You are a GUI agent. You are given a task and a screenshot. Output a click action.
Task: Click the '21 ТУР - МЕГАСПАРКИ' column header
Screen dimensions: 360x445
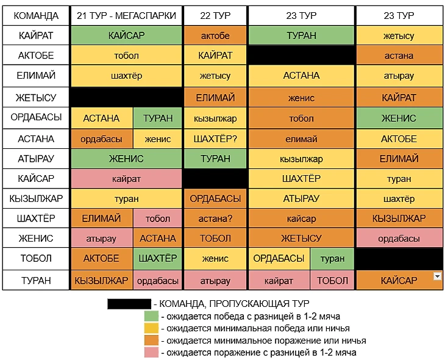pyautogui.click(x=126, y=15)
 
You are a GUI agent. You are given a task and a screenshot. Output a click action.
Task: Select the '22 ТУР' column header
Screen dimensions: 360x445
pyautogui.click(x=215, y=15)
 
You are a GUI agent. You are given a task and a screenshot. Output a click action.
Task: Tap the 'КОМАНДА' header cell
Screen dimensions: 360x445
pyautogui.click(x=35, y=15)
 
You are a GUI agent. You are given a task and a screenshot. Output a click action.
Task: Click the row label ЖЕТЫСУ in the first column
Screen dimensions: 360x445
pyautogui.click(x=35, y=98)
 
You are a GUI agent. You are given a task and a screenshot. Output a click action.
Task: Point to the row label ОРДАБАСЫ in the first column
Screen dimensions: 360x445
pyautogui.click(x=35, y=118)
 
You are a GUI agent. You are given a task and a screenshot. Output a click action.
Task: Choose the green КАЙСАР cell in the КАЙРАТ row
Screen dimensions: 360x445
pyautogui.click(x=126, y=35)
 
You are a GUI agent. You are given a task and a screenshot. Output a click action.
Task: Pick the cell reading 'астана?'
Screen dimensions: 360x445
pyautogui.click(x=215, y=218)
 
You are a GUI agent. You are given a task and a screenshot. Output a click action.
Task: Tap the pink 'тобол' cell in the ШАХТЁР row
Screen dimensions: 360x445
pyautogui.click(x=158, y=218)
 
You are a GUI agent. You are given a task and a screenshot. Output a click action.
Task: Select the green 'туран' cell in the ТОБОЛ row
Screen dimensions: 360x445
pyautogui.click(x=332, y=259)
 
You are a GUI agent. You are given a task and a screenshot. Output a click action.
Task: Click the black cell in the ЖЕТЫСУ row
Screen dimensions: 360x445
pyautogui.click(x=126, y=98)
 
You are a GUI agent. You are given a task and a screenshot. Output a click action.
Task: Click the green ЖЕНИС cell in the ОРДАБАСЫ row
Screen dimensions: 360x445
pyautogui.click(x=399, y=118)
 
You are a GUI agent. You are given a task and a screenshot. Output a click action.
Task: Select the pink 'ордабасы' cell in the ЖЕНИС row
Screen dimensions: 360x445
pyautogui.click(x=399, y=239)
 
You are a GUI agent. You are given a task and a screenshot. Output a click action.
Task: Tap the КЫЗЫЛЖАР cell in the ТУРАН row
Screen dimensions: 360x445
pyautogui.click(x=101, y=281)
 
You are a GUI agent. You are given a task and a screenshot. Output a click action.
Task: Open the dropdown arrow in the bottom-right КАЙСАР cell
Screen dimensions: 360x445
pyautogui.click(x=436, y=276)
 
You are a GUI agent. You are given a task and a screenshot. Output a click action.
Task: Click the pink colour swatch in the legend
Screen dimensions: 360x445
pyautogui.click(x=151, y=352)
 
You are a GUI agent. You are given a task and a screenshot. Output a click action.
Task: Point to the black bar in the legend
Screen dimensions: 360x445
pyautogui.click(x=129, y=303)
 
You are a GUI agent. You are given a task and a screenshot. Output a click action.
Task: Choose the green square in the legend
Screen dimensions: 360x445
pyautogui.click(x=151, y=315)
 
